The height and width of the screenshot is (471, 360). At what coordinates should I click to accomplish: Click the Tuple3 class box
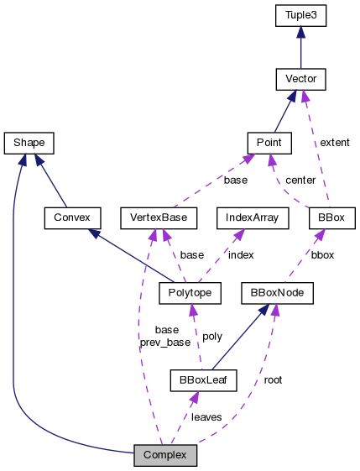pyautogui.click(x=300, y=16)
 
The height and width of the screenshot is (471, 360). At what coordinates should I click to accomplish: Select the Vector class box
pyautogui.click(x=300, y=80)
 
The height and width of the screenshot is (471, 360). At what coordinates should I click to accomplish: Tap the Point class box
pyautogui.click(x=269, y=143)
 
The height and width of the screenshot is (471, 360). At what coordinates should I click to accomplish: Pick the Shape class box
pyautogui.click(x=29, y=143)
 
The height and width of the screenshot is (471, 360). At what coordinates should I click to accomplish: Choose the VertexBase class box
pyautogui.click(x=159, y=218)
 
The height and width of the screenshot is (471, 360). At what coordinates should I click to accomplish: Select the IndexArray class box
pyautogui.click(x=253, y=218)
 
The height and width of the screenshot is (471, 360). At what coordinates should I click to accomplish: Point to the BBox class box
pyautogui.click(x=331, y=218)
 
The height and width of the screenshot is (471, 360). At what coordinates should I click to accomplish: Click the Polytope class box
pyautogui.click(x=190, y=293)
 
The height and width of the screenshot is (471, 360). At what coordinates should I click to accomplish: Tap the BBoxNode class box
pyautogui.click(x=277, y=293)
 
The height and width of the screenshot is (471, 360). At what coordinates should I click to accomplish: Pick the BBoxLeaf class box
pyautogui.click(x=202, y=379)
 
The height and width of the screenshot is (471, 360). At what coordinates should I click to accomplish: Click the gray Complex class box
pyautogui.click(x=165, y=456)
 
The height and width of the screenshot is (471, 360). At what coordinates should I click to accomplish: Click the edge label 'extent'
pyautogui.click(x=335, y=143)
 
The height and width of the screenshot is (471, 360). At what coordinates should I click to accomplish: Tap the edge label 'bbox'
pyautogui.click(x=321, y=254)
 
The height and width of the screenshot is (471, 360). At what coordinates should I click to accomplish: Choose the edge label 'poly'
pyautogui.click(x=213, y=336)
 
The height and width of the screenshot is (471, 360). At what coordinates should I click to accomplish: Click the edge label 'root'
pyautogui.click(x=273, y=379)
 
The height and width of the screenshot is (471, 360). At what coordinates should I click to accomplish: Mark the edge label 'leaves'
pyautogui.click(x=206, y=416)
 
